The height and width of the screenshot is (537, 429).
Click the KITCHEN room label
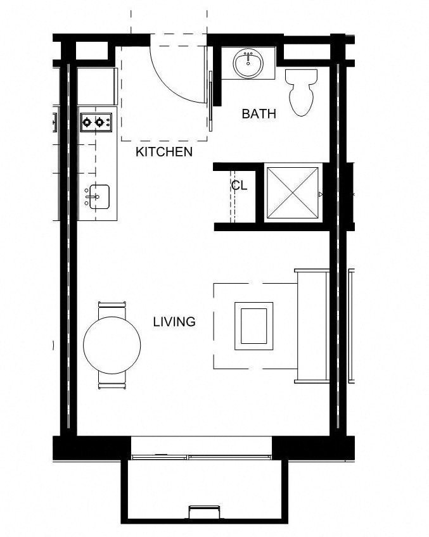point(164,152)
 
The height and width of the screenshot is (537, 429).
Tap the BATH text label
point(259,114)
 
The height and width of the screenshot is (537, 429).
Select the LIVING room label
point(174,322)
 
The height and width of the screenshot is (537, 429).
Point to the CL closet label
point(239,186)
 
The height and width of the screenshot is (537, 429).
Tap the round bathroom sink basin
point(248,63)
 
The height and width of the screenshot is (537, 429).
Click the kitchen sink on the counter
point(98,196)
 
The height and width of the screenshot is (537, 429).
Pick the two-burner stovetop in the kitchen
point(96,121)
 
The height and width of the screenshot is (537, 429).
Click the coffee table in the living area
point(254,325)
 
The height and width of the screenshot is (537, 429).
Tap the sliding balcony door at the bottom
point(202,456)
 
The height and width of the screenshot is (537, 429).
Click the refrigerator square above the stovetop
point(97,86)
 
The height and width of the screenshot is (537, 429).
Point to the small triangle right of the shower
point(321,194)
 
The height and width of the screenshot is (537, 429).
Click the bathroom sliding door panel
point(210,95)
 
